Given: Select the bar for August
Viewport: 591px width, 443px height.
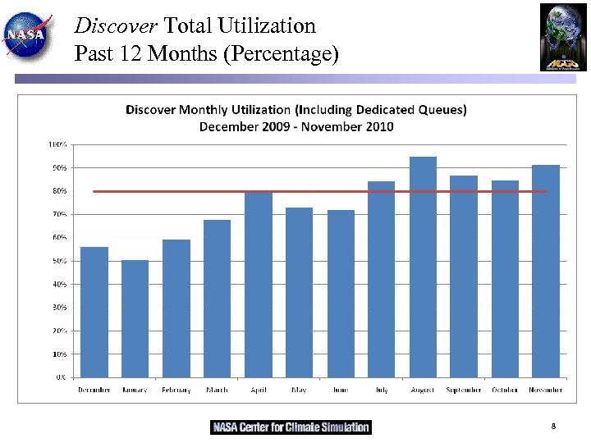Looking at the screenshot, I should (423, 267).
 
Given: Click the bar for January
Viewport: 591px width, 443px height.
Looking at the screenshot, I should (135, 318).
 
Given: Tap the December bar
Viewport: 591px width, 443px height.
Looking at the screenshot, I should (94, 312).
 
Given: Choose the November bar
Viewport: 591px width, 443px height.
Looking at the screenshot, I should (546, 271).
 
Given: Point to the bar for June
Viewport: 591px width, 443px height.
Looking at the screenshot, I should (341, 294).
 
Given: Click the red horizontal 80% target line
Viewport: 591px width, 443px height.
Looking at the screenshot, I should (320, 191).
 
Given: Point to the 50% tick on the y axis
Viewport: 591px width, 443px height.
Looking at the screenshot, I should (62, 261).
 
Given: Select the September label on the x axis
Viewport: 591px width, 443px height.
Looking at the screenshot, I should (464, 390).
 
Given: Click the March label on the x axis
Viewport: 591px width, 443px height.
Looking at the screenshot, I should (217, 390).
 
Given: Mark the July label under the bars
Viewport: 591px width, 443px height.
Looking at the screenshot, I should (382, 390).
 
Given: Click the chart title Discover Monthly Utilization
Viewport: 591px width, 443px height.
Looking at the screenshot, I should (295, 110).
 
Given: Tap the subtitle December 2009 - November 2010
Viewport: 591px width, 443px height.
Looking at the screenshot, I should (295, 126).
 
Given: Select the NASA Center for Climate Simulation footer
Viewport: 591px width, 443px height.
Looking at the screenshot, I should (291, 427).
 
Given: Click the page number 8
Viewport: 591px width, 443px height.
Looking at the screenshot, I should (553, 427).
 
